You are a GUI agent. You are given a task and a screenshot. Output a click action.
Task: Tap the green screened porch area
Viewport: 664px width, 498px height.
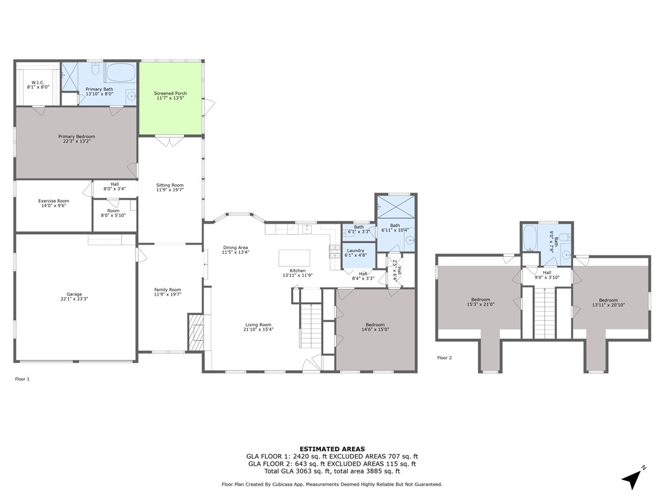171,99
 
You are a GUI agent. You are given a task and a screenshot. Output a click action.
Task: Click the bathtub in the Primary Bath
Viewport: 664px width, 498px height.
120,73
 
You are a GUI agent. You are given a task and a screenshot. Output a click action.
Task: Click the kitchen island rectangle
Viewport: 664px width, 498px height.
294,258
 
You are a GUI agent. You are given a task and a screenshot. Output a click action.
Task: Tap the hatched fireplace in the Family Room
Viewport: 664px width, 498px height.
195,332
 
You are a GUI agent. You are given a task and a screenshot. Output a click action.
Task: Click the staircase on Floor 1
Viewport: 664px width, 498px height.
311,326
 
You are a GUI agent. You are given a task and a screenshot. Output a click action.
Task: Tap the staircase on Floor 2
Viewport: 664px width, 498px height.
544,313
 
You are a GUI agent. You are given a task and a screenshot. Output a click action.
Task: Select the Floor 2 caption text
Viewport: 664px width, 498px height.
444,358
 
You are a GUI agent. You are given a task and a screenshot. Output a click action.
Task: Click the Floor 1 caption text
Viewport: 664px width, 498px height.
22,379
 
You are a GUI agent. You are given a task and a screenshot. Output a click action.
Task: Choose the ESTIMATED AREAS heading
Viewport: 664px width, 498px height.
332,449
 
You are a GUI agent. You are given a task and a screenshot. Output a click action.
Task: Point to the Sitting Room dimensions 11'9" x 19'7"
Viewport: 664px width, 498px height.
170,190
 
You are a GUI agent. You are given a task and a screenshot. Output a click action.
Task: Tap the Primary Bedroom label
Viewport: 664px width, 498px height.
77,136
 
